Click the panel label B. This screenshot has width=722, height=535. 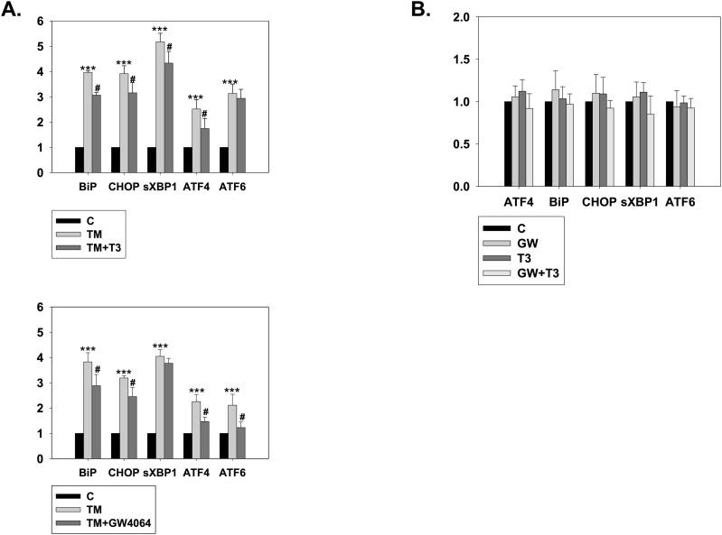pos(420,9)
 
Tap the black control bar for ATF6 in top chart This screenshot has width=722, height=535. pos(223,159)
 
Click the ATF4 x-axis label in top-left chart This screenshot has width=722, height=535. pos(196,189)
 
